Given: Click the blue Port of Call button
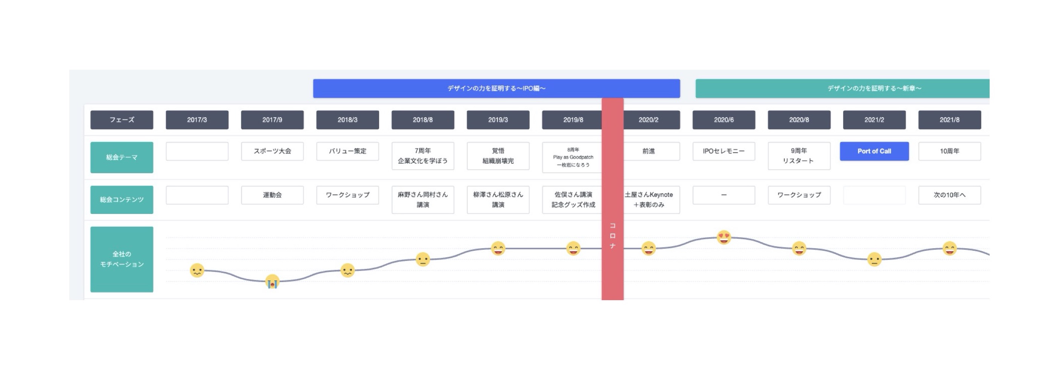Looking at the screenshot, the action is coord(874,151).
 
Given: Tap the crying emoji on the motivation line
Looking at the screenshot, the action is coord(272,282).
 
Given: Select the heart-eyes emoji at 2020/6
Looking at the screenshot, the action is coord(724,237).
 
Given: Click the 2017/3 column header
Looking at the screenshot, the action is coord(197,120).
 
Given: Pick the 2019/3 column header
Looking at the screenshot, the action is coord(498,120).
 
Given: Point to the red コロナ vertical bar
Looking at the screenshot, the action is coord(612,199).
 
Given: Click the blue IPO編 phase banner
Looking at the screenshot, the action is coord(497,88).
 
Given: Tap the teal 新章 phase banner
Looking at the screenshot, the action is coord(842,88).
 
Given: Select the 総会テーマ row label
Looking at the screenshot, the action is coord(122,157).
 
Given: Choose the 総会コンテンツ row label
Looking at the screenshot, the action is coord(122,200).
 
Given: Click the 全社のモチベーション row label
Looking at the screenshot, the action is coord(122,259).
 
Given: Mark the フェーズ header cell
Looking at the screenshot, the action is coord(122,120).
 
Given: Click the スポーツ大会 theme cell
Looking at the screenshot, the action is coord(273,151).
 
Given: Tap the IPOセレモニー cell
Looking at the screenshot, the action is coord(724,151).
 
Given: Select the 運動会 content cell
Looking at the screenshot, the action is coord(273,195).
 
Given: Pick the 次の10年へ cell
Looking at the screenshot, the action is coord(949,195).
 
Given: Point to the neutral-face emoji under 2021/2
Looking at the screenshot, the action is coord(874,259).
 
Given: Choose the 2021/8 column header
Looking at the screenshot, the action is coord(949,120).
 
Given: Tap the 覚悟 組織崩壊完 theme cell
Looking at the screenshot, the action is coord(498,156).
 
